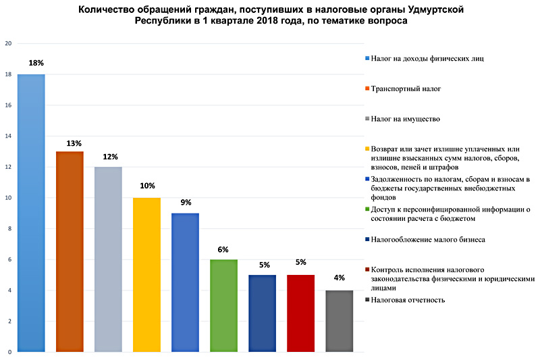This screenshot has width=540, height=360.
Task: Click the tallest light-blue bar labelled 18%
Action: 31,213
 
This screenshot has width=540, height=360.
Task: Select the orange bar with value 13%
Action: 70,251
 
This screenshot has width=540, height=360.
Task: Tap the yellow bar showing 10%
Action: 146,274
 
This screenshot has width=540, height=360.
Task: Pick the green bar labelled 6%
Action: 223,305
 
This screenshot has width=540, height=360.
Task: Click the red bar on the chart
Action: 300,313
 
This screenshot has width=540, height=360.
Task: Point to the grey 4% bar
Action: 339,321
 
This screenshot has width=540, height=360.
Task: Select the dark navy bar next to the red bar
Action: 262,313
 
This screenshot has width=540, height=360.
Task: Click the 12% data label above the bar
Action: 108,157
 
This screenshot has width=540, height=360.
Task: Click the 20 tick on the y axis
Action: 9,44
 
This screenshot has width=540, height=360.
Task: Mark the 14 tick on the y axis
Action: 9,136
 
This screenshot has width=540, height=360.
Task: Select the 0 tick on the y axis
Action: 9,352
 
